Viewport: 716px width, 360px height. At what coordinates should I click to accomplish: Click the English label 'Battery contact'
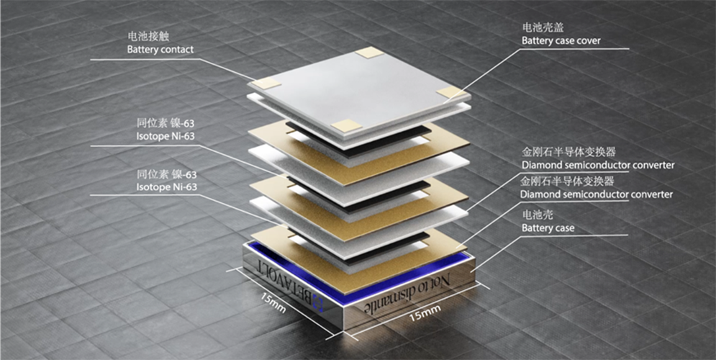(x=160, y=50)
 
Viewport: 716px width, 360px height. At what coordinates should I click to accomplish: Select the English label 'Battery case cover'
(x=561, y=41)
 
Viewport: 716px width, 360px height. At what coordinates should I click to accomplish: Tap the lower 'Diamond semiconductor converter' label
(x=597, y=194)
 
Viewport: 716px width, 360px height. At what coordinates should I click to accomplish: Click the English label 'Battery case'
(x=548, y=228)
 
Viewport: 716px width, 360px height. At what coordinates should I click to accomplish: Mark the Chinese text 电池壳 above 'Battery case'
(x=534, y=215)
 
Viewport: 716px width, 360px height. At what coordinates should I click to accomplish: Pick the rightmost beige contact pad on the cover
(x=451, y=91)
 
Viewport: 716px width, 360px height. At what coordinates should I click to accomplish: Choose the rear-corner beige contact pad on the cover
(x=370, y=52)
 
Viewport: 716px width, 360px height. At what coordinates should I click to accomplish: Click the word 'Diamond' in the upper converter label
(x=540, y=165)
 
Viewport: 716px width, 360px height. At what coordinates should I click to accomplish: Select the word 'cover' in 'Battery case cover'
(x=588, y=41)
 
